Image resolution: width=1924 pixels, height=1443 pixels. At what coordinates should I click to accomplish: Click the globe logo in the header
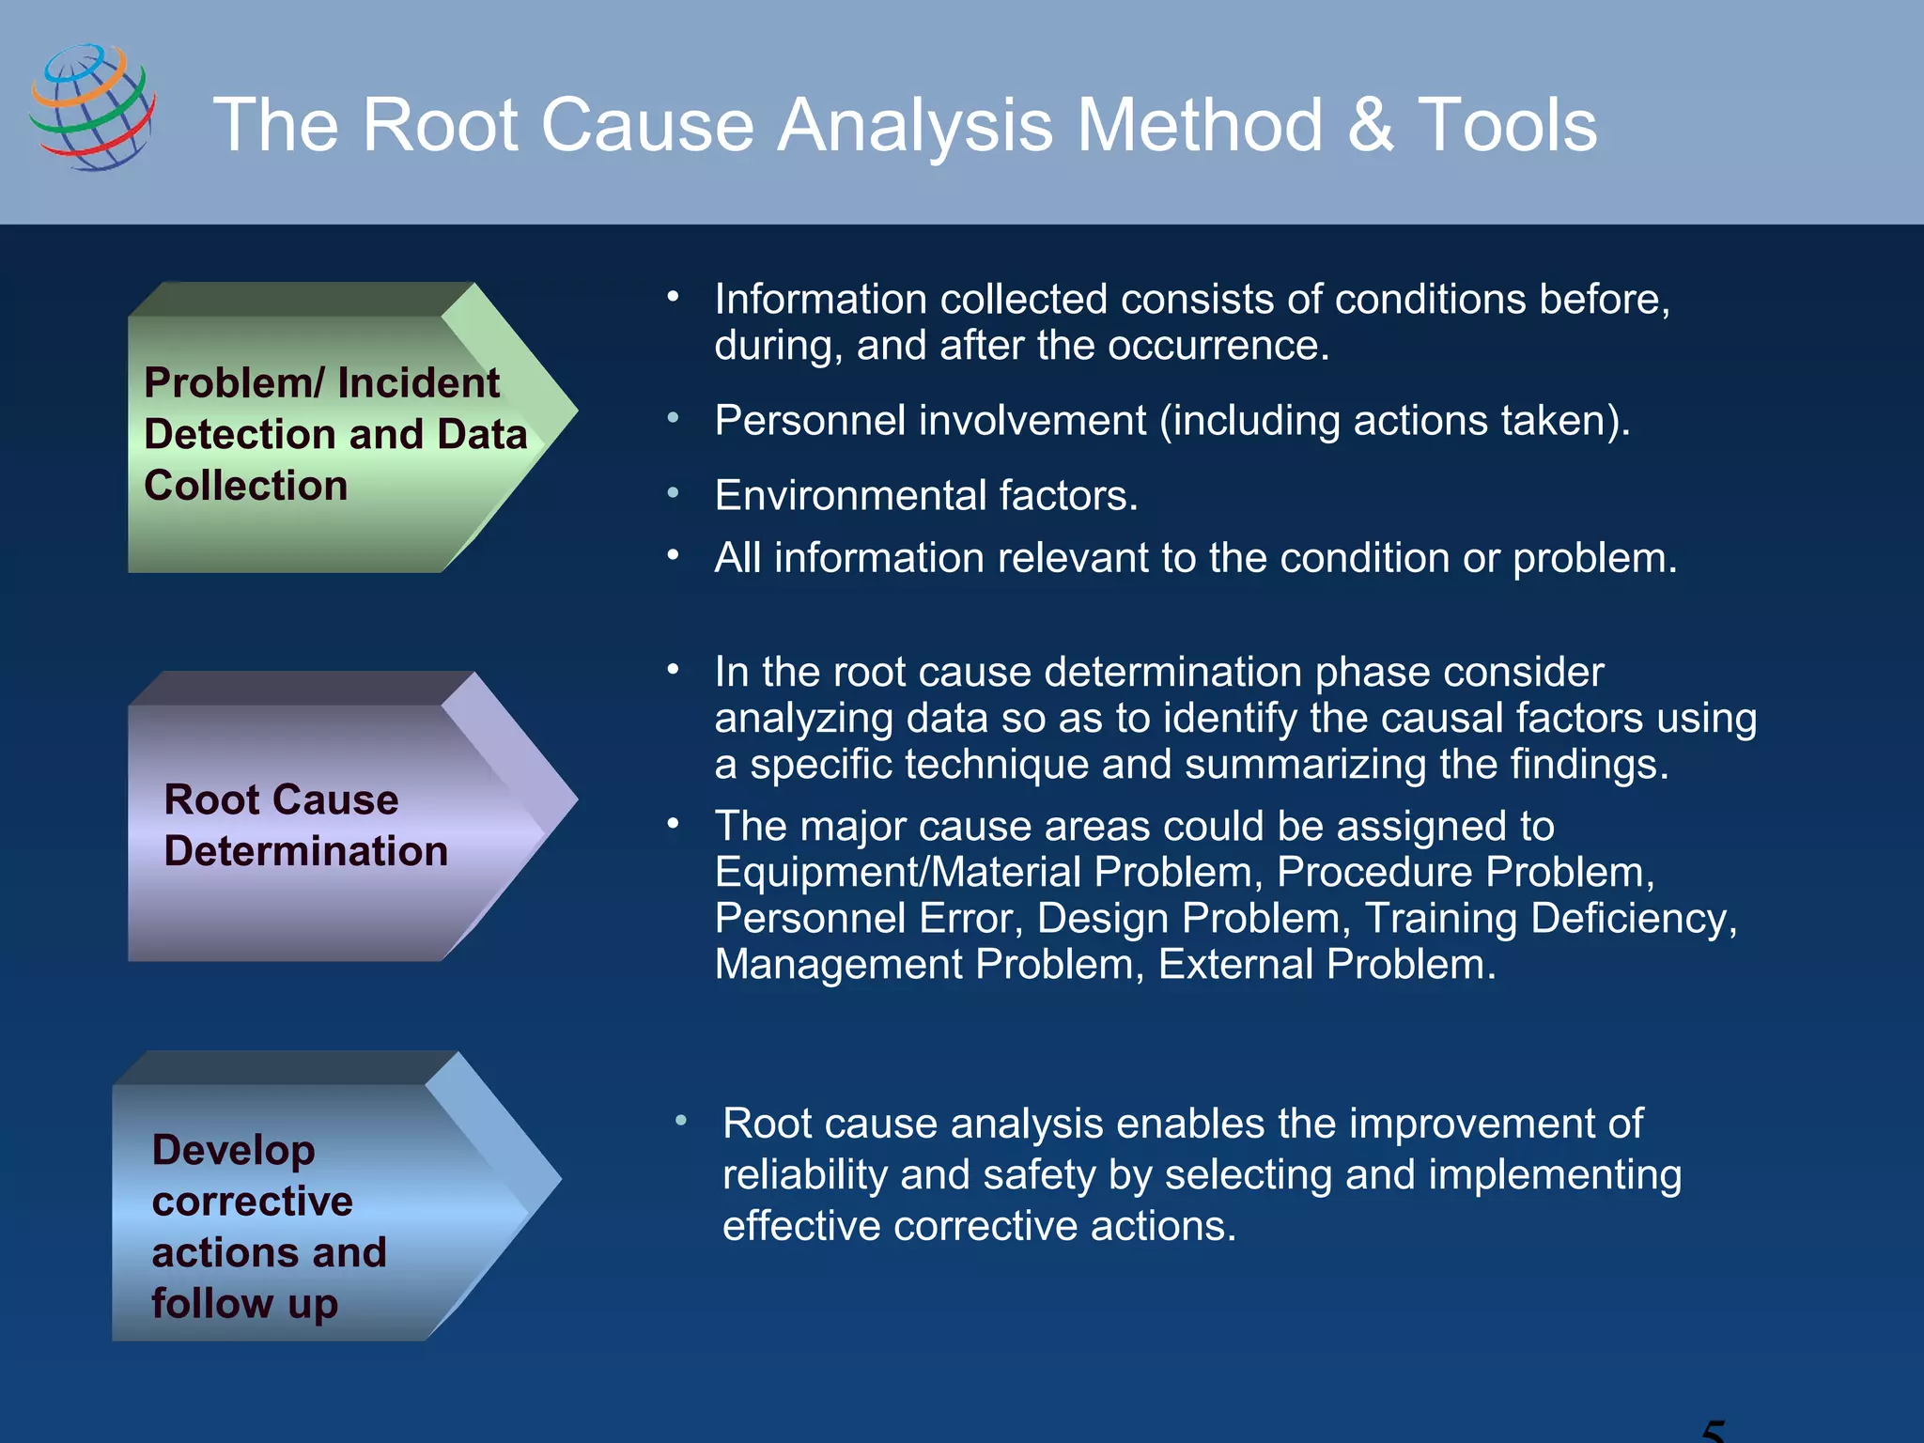coord(92,107)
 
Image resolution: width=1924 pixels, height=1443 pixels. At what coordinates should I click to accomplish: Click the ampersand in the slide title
coord(1371,125)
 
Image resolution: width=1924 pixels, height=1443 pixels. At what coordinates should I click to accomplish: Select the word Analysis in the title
coord(915,125)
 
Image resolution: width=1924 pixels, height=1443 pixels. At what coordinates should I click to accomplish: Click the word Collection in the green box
coord(246,486)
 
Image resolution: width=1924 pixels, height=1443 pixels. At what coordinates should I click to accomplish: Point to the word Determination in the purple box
coord(305,851)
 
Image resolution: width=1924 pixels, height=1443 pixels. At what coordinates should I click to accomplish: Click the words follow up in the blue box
coord(244,1303)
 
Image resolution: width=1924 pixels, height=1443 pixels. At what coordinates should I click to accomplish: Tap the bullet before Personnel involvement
coord(673,417)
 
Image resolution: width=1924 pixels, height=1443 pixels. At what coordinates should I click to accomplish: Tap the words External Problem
coord(1326,964)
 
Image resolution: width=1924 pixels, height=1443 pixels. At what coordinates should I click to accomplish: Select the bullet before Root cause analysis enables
coord(681,1121)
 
